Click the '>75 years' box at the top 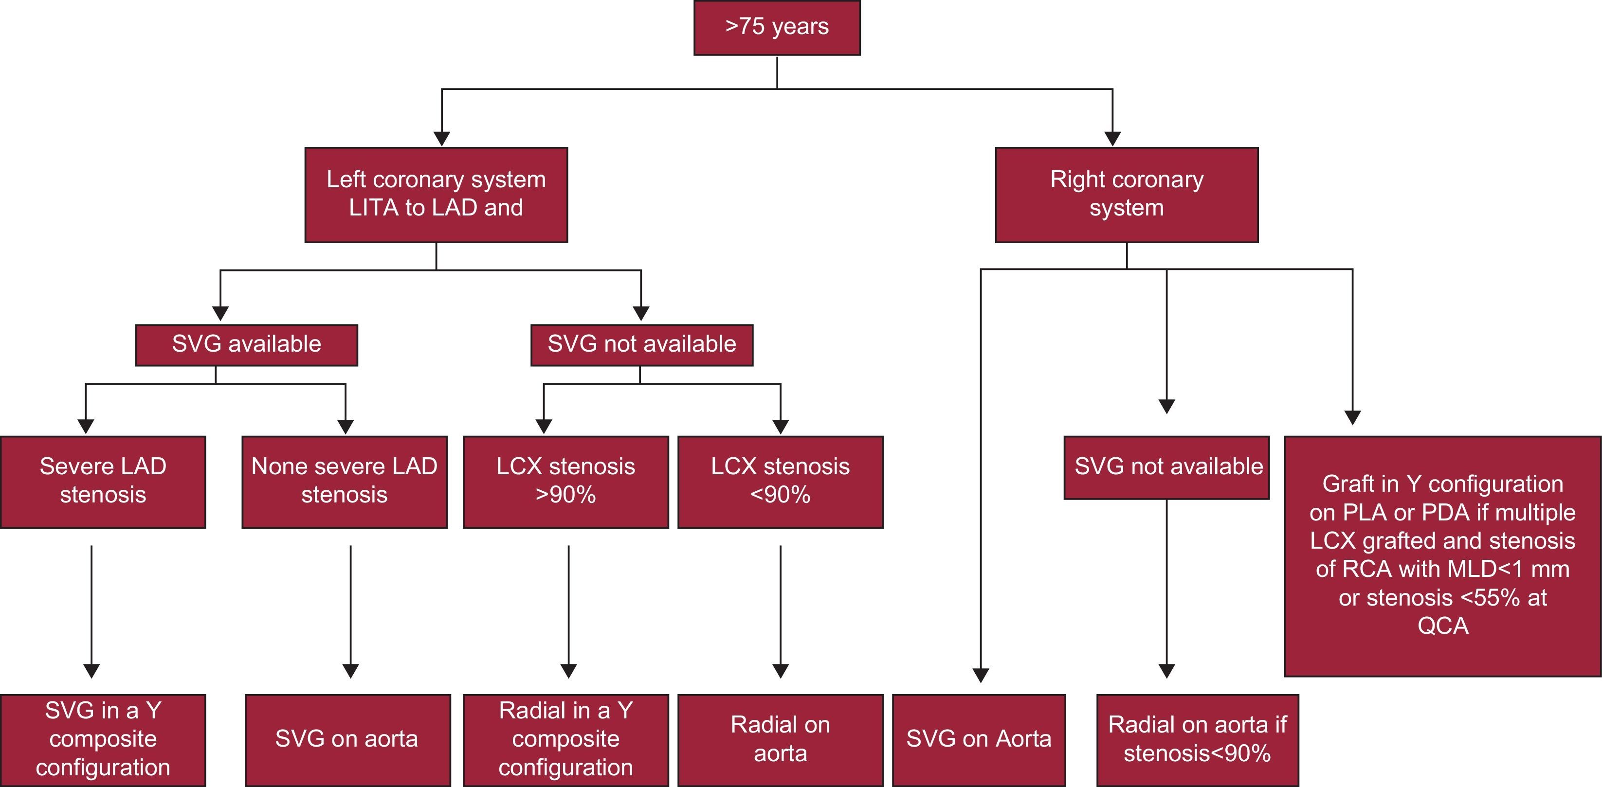[777, 27]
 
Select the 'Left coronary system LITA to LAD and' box [436, 195]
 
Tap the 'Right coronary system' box [1126, 195]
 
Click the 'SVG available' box [246, 344]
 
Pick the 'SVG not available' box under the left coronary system [641, 344]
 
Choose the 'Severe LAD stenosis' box [103, 481]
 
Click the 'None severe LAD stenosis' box [344, 481]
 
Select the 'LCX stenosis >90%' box [565, 481]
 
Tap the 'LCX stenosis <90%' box [780, 481]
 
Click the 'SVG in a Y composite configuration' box [103, 739]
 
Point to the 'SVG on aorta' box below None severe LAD [347, 739]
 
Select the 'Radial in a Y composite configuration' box [565, 739]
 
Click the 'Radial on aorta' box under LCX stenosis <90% [780, 739]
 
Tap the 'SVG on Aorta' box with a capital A [978, 739]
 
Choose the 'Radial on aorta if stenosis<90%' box [1197, 739]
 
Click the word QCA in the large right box [1443, 626]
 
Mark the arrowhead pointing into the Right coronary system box [1112, 138]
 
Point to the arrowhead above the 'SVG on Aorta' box [981, 675]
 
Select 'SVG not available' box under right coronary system [1166, 467]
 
